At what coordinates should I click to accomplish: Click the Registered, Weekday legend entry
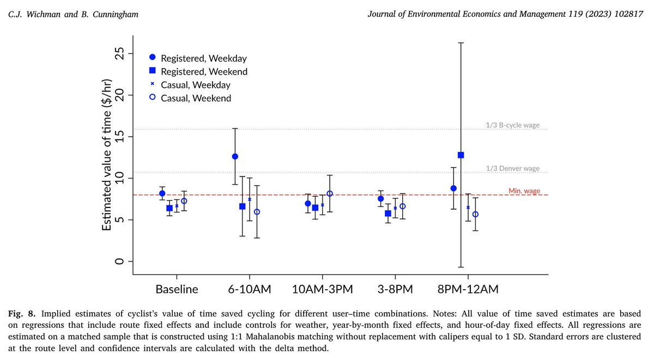(x=199, y=58)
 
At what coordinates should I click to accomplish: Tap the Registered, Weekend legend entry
(x=200, y=71)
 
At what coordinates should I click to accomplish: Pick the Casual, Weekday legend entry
(x=195, y=85)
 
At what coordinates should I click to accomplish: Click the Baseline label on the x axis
(x=177, y=288)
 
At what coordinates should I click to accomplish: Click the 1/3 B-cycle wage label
(x=512, y=125)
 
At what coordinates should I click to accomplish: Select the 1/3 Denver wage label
(x=513, y=168)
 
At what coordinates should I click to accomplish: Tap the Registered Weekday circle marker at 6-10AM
(x=235, y=156)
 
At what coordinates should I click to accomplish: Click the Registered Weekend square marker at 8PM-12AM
(x=461, y=155)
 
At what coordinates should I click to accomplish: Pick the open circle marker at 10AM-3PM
(x=330, y=194)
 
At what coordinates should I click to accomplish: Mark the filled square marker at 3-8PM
(x=388, y=213)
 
